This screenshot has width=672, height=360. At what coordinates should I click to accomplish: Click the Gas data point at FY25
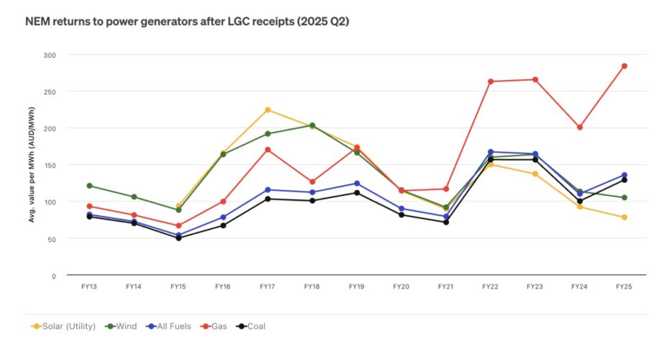(x=624, y=66)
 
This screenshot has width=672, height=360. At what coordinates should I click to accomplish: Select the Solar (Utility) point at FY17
(x=268, y=110)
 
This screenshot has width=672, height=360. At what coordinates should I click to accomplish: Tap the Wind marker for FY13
(x=89, y=186)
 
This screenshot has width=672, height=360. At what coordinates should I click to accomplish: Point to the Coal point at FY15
(x=178, y=238)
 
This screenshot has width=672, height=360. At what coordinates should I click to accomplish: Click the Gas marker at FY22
(x=491, y=81)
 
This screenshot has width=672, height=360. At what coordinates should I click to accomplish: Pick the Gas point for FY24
(x=579, y=127)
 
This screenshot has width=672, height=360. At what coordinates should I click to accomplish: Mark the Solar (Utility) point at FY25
(x=624, y=217)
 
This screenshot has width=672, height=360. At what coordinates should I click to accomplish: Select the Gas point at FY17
(x=268, y=150)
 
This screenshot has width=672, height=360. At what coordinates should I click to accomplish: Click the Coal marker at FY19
(x=357, y=192)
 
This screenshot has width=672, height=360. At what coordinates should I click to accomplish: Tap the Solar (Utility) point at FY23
(x=535, y=174)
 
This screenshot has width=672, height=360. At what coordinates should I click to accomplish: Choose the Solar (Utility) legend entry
(x=65, y=327)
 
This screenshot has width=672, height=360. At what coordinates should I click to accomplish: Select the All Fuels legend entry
(x=171, y=327)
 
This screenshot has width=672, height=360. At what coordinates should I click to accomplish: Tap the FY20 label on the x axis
(x=401, y=287)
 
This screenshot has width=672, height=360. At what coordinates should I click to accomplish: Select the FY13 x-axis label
(x=89, y=287)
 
